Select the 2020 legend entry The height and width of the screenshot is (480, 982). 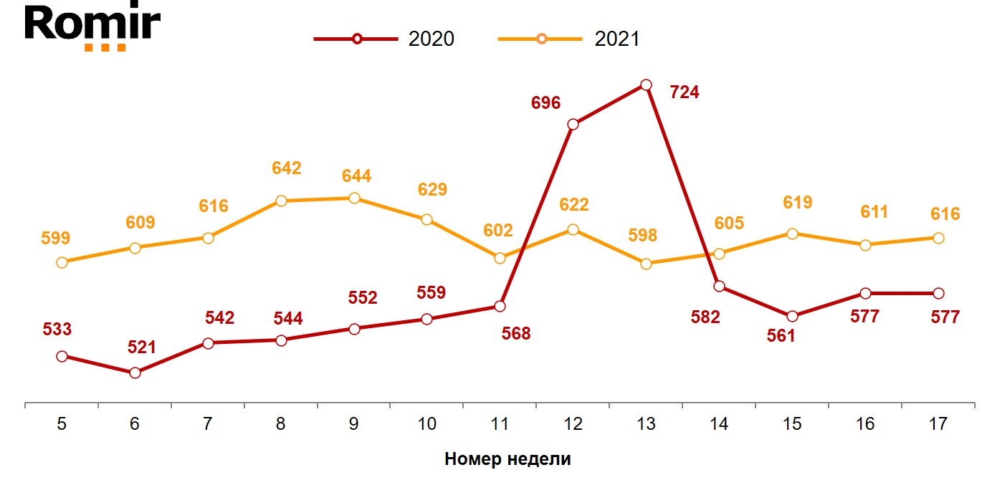coord(384,39)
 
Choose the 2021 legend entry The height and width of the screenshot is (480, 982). coord(569,39)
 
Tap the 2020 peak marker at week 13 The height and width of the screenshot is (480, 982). coord(646,85)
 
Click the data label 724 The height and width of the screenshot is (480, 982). coord(684,92)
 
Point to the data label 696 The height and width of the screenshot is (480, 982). coord(545,102)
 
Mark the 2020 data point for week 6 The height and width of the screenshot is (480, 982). coord(135,373)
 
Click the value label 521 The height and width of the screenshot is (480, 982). coord(140,347)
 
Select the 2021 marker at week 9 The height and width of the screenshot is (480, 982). coord(354,198)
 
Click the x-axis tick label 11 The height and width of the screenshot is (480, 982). coord(500,424)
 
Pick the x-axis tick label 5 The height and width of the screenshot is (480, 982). coord(62,424)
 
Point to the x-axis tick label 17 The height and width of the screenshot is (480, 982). coord(938,424)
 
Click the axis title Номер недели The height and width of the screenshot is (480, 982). coord(507,459)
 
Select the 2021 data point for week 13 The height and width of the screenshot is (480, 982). coord(646,264)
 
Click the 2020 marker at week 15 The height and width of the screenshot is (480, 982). coord(792,316)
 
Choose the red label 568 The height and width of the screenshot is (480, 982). coord(516,333)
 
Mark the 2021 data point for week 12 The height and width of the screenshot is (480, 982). coord(573,229)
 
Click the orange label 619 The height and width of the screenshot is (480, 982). coord(798,203)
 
